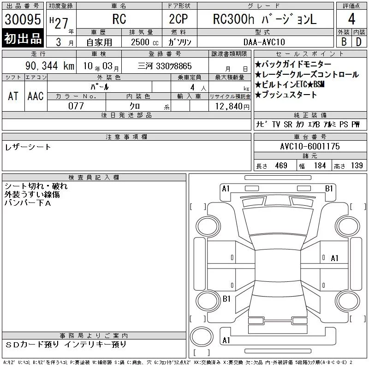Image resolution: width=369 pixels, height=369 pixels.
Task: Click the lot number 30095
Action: tap(23, 19)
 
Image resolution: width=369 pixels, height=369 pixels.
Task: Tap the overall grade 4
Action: tap(351, 19)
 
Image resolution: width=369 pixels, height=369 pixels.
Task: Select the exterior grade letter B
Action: tap(344, 42)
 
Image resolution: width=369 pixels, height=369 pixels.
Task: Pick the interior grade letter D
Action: tap(359, 42)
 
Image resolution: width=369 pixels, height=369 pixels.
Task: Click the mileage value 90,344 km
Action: tap(50, 65)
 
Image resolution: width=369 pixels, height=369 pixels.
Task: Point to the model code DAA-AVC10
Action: tap(264, 42)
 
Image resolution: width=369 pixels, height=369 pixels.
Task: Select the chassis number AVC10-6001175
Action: tap(310, 146)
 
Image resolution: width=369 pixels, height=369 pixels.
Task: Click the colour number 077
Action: tap(76, 106)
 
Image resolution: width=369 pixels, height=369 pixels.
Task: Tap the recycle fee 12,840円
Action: tap(232, 107)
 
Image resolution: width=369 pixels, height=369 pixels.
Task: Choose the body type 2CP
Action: tap(179, 19)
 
